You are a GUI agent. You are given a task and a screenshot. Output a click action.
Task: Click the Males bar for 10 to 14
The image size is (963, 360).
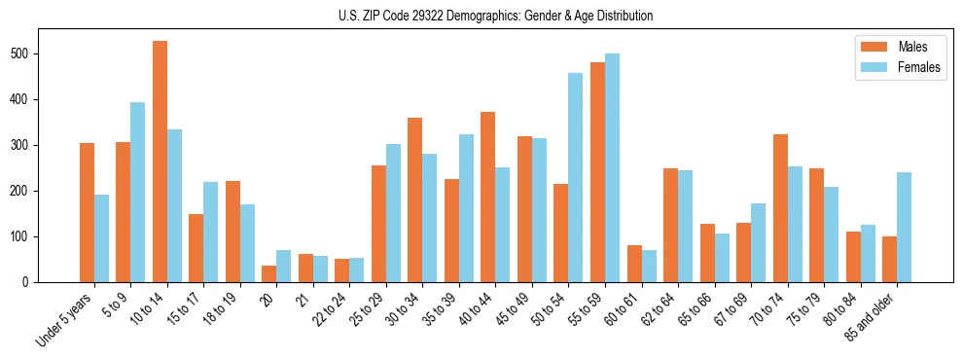(x=160, y=162)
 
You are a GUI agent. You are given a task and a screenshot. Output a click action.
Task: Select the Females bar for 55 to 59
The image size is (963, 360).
(x=612, y=167)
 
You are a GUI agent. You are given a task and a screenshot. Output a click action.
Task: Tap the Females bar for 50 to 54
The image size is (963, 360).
(x=576, y=177)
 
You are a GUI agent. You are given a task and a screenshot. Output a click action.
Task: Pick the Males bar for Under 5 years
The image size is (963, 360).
(x=87, y=212)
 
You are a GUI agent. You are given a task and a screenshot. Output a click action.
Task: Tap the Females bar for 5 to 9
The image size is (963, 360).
(x=138, y=192)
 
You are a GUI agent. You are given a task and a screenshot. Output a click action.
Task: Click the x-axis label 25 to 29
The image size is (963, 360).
(x=368, y=309)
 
